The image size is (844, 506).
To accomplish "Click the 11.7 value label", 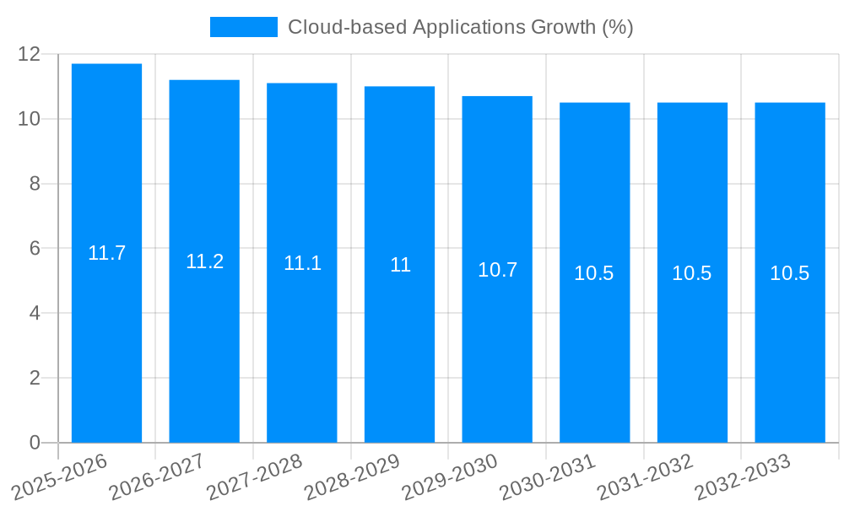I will click(x=106, y=253).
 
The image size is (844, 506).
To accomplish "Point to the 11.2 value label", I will click(x=204, y=261).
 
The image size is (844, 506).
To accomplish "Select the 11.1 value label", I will click(x=302, y=263).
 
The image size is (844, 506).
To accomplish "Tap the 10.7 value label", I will click(x=497, y=270).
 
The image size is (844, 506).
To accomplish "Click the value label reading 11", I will click(x=400, y=265).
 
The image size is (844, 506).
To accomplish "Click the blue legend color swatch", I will click(x=243, y=27).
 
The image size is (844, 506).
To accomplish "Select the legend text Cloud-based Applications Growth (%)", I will click(x=460, y=27).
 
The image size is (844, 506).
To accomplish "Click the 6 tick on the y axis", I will click(x=35, y=249).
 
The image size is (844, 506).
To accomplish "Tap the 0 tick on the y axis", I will click(x=35, y=443).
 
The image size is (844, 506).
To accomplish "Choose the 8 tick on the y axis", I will click(x=35, y=184).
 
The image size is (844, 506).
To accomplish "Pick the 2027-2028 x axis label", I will click(x=256, y=476).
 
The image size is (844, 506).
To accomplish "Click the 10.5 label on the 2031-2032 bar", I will click(x=691, y=273).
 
